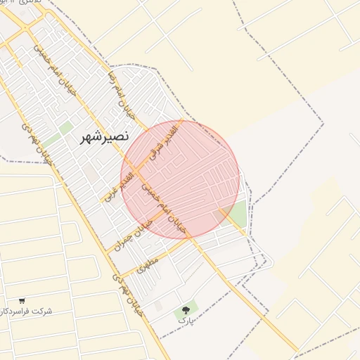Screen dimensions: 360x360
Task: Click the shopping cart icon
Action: pos(22,300)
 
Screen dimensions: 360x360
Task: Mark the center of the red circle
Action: pos(180,180)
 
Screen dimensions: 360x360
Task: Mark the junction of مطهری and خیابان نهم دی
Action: pos(118,274)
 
